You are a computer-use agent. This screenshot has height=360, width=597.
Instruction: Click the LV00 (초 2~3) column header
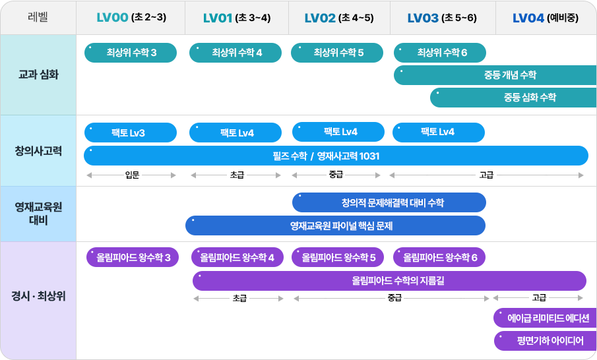click(x=131, y=18)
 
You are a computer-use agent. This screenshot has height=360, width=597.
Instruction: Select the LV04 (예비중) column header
click(x=546, y=18)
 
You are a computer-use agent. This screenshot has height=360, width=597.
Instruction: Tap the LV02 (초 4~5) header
click(x=339, y=18)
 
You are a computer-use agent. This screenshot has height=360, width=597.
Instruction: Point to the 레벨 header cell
click(x=38, y=17)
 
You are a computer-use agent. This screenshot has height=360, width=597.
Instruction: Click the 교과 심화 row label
click(x=38, y=75)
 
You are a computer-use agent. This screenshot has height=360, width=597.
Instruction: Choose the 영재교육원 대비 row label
click(x=38, y=214)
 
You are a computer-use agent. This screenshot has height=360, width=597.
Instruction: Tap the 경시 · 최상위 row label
click(x=38, y=296)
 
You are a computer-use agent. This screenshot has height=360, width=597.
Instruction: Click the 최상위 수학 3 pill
click(x=131, y=53)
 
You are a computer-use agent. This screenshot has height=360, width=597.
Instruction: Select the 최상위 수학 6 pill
click(x=440, y=53)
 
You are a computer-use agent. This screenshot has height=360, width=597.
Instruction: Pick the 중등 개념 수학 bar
click(x=495, y=75)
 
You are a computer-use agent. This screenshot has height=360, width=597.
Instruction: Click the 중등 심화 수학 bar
click(x=514, y=98)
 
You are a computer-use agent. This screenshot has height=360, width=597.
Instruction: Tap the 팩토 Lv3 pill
click(x=131, y=133)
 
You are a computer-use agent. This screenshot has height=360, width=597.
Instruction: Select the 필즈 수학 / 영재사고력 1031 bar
click(x=336, y=156)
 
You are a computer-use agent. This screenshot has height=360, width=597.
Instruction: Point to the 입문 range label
click(x=132, y=175)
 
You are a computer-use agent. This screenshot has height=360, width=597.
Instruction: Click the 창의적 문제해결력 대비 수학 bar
click(x=389, y=202)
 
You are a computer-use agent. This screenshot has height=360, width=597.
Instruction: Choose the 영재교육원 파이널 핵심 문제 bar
click(x=335, y=225)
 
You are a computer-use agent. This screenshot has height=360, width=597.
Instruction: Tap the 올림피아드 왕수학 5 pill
click(x=338, y=257)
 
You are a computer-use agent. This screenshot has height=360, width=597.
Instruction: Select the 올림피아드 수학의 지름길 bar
click(x=389, y=281)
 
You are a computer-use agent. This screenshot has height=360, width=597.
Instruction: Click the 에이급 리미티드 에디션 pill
click(x=546, y=318)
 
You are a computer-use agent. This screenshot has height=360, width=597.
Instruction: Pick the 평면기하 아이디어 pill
click(x=546, y=341)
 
